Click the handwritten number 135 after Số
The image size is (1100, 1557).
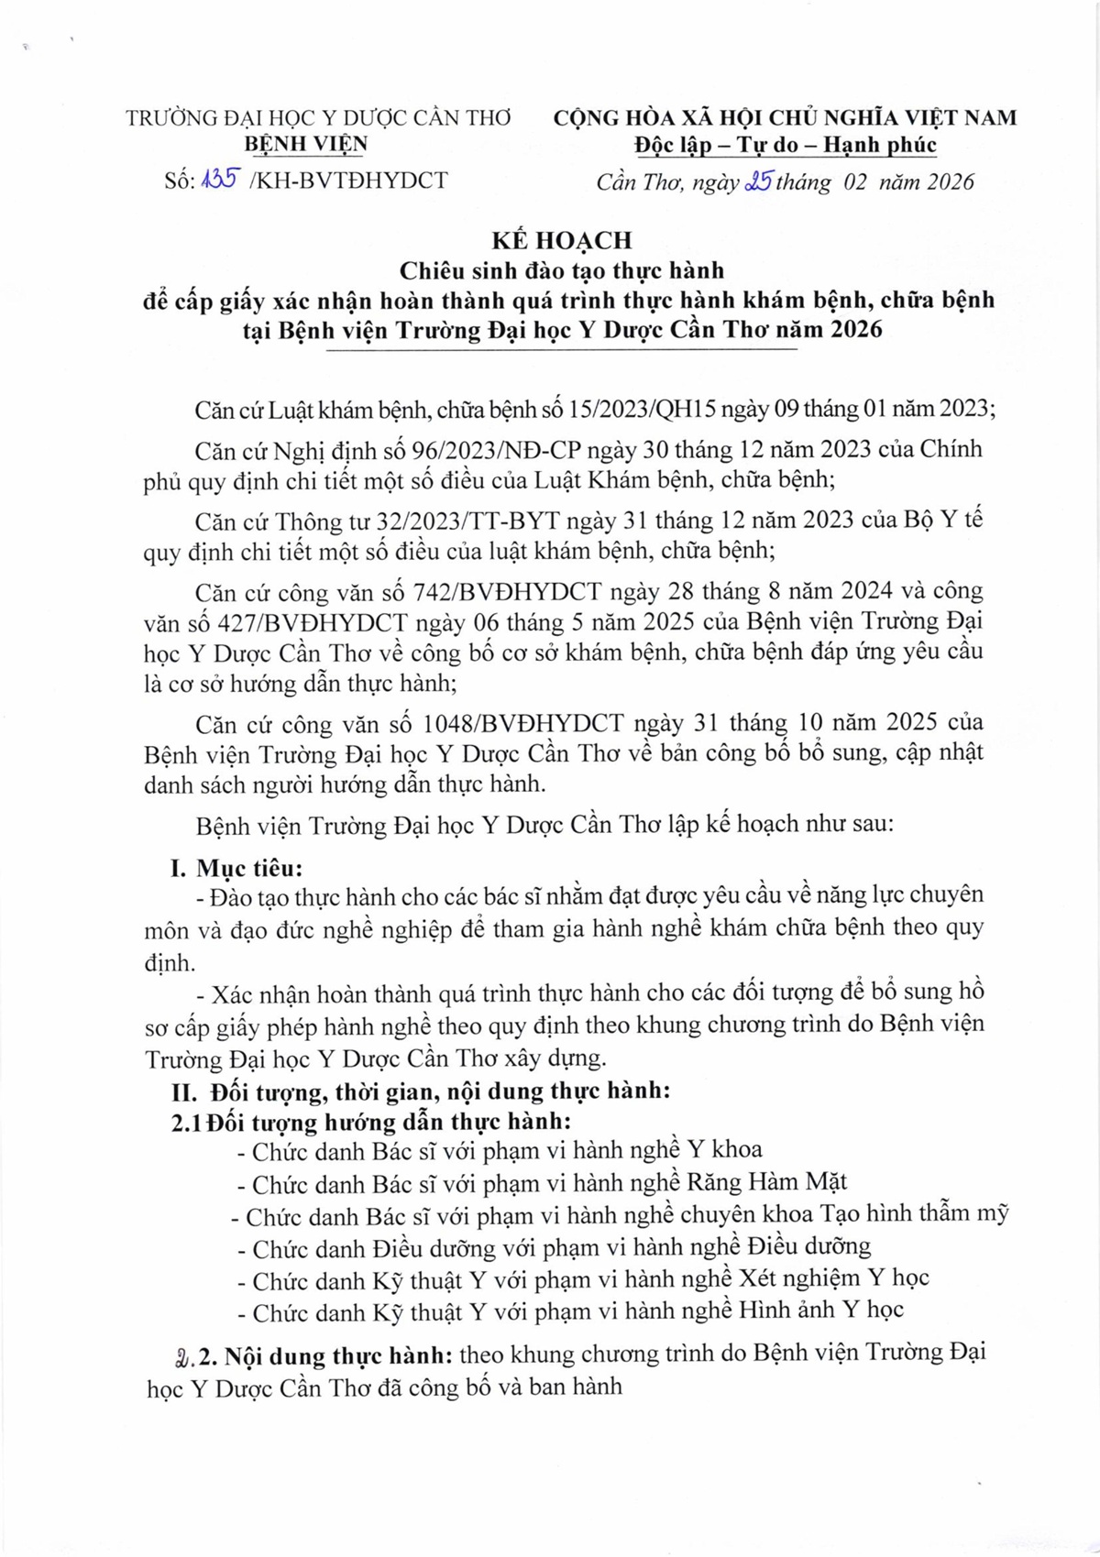220,180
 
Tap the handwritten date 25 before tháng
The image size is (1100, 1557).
759,181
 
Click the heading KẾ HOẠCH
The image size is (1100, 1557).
561,240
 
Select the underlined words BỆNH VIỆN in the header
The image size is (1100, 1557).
307,144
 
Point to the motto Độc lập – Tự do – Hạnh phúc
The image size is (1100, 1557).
785,145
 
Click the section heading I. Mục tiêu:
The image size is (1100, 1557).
236,867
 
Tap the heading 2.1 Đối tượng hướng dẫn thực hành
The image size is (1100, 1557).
371,1122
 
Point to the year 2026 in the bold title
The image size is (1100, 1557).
856,329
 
